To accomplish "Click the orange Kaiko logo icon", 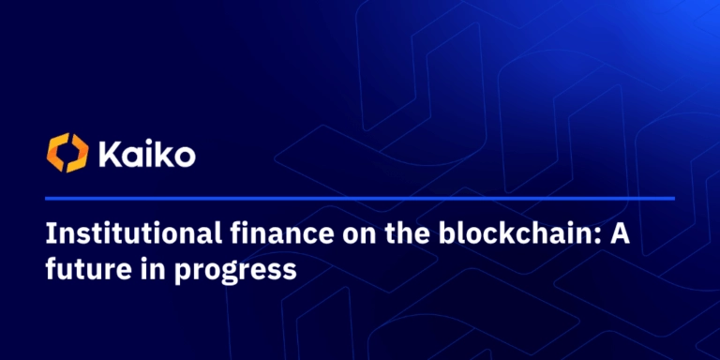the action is click(x=67, y=153).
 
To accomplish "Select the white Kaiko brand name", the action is click(x=147, y=154).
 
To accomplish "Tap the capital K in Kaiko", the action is click(x=110, y=155).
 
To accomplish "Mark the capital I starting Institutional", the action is click(x=51, y=234).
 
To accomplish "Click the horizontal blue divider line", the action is click(x=360, y=199).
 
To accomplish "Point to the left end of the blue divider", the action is click(x=45, y=199).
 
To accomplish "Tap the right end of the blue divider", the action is click(x=675, y=199).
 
